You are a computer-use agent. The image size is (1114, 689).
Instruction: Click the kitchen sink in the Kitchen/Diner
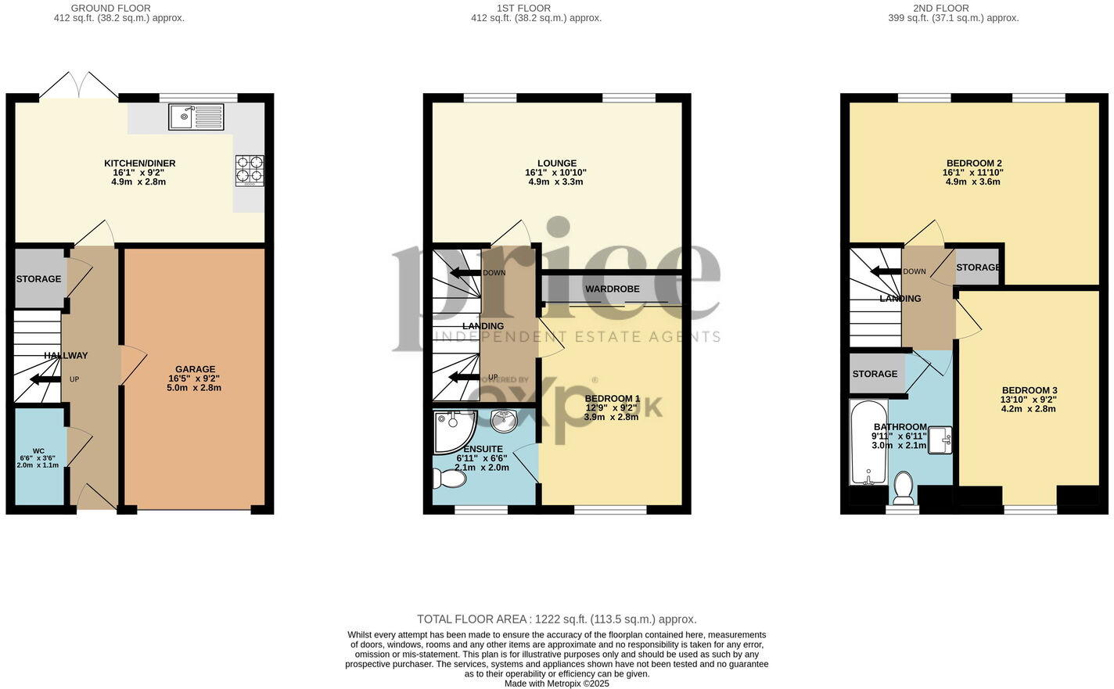[196, 117]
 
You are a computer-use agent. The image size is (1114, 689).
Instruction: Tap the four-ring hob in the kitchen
[250, 170]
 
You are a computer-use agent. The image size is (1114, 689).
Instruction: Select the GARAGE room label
[195, 369]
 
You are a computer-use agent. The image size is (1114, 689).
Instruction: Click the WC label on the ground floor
[38, 451]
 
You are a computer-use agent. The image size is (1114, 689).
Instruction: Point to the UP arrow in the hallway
[46, 380]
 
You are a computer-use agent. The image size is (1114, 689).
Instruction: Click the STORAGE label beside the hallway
[38, 279]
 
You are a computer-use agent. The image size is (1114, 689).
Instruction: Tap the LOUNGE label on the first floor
[556, 163]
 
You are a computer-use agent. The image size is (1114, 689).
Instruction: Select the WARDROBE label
[612, 289]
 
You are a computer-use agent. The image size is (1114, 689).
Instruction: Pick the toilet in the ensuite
[449, 477]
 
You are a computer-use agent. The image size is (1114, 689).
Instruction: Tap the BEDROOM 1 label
[612, 398]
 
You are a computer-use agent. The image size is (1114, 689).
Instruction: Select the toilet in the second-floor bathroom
[903, 488]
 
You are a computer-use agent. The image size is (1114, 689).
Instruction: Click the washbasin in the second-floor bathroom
[940, 439]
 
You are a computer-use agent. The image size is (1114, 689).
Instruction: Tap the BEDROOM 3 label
[1030, 390]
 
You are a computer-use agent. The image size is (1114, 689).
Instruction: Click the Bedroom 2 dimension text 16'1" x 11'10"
[972, 173]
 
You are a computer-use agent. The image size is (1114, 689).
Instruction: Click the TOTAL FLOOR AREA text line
[556, 619]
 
